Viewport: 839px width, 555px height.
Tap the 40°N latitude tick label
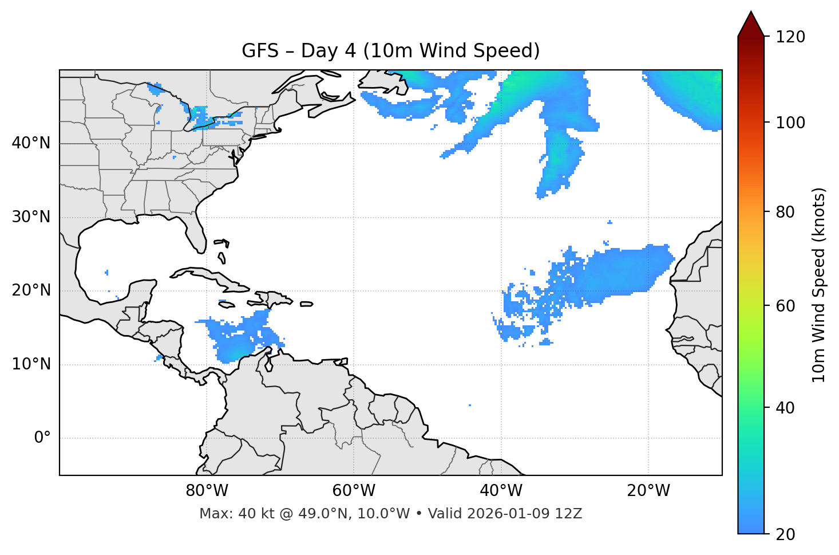point(31,143)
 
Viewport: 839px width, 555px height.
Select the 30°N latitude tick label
point(31,217)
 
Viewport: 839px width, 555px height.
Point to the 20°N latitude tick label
point(31,290)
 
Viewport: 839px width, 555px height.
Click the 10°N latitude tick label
point(31,364)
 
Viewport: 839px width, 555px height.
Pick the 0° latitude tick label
point(42,438)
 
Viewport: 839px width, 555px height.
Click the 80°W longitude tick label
point(207,491)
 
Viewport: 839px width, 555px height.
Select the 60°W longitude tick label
point(354,491)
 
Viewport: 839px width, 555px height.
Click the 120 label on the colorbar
point(790,37)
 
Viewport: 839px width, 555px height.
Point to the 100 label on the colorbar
point(790,123)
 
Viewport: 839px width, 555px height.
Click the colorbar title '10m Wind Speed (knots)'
point(819,285)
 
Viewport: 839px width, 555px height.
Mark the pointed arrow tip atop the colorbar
point(751,13)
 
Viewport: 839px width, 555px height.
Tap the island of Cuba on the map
point(206,275)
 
